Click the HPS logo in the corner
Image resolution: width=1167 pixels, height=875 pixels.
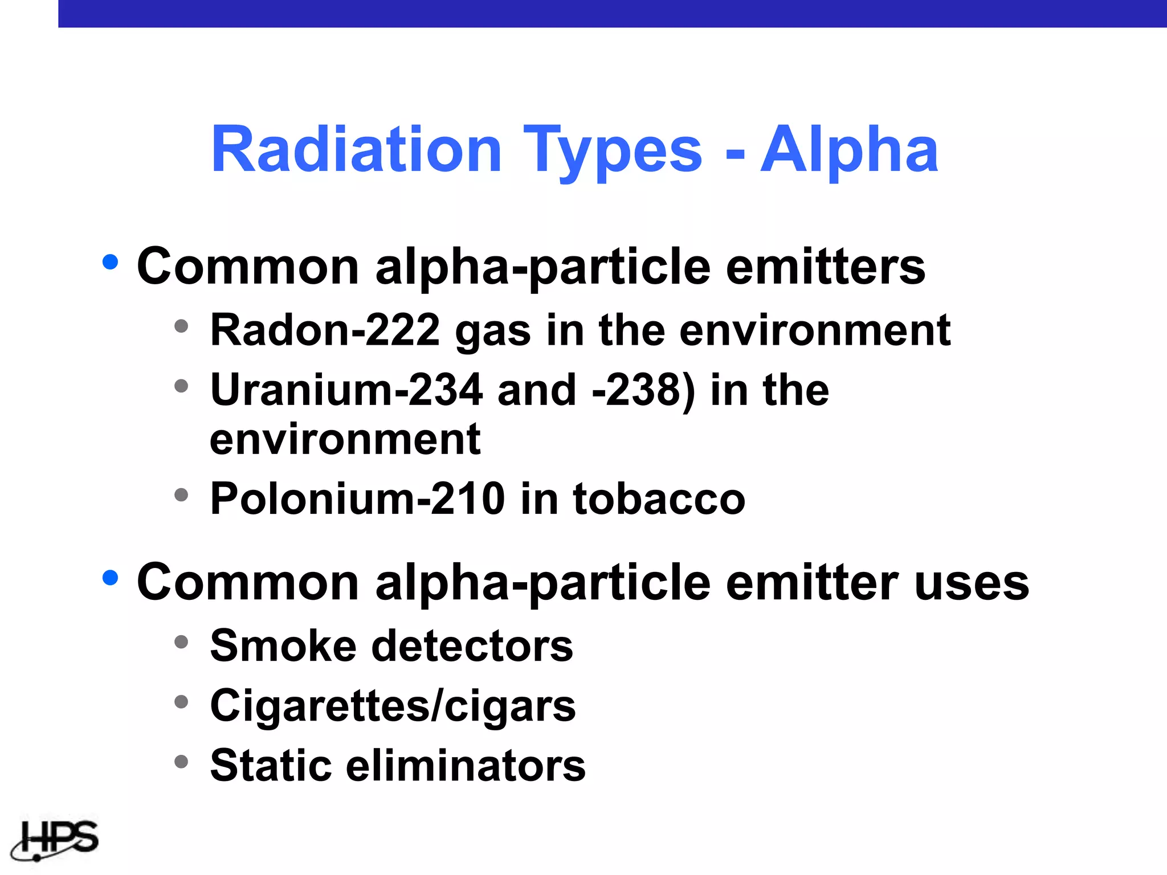pos(55,840)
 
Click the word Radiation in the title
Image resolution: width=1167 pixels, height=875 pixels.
pos(356,150)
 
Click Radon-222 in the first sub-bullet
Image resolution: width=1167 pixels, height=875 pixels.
pos(325,330)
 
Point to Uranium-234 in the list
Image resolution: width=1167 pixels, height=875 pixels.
pos(346,390)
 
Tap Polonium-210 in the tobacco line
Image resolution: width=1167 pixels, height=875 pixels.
pos(357,498)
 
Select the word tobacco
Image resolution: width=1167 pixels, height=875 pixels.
pos(659,498)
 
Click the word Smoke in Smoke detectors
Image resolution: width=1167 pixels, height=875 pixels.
pos(283,646)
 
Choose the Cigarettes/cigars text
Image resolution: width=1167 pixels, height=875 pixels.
pos(393,706)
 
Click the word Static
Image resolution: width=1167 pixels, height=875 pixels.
pos(271,765)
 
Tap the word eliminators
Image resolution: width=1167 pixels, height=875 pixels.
pos(466,765)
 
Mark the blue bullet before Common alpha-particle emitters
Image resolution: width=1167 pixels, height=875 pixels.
pos(110,262)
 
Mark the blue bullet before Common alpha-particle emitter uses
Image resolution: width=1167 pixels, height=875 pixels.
pos(110,578)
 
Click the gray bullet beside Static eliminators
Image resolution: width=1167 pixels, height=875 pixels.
pos(181,762)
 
